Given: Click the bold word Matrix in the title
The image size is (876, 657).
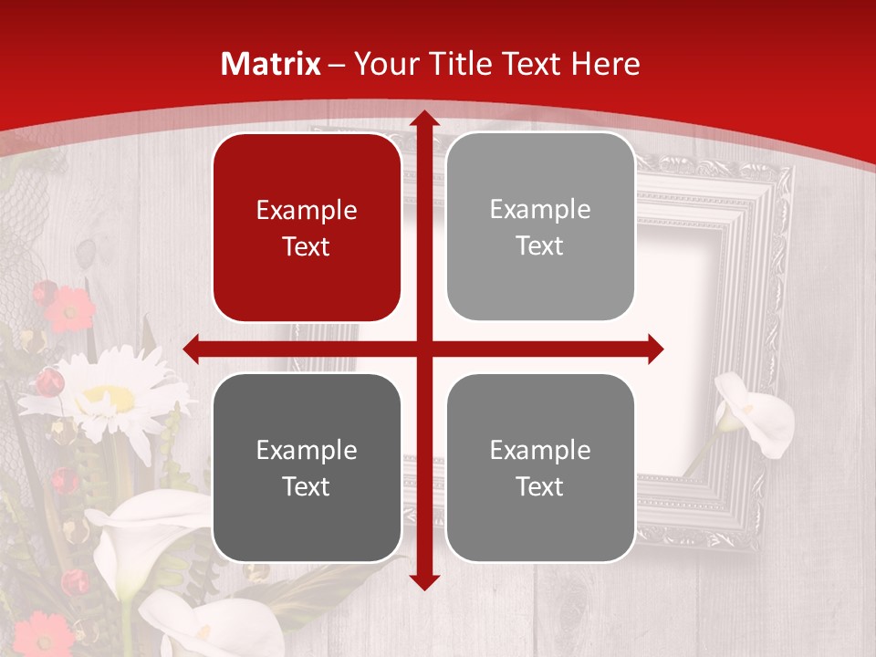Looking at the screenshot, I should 271,64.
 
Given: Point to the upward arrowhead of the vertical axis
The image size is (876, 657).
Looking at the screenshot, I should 423,120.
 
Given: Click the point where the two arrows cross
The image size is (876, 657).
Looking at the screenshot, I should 423,349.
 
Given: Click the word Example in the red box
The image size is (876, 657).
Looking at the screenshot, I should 307,211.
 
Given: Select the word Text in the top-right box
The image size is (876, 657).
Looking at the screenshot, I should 540,246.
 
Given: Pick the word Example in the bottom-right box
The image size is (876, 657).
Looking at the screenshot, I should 540,450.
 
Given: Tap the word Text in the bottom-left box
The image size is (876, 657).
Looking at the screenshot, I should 307,486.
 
